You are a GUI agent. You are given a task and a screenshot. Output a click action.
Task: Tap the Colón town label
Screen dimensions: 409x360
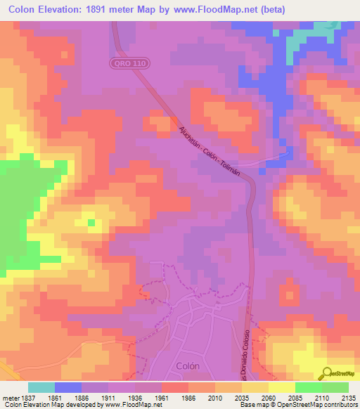click(187, 366)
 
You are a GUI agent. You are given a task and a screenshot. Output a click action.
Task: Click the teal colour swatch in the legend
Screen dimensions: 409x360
click(41, 387)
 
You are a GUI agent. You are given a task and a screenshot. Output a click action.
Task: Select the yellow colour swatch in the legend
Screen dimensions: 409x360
click(282, 387)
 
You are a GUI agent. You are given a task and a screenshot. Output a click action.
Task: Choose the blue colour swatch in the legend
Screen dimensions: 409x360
click(68, 387)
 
